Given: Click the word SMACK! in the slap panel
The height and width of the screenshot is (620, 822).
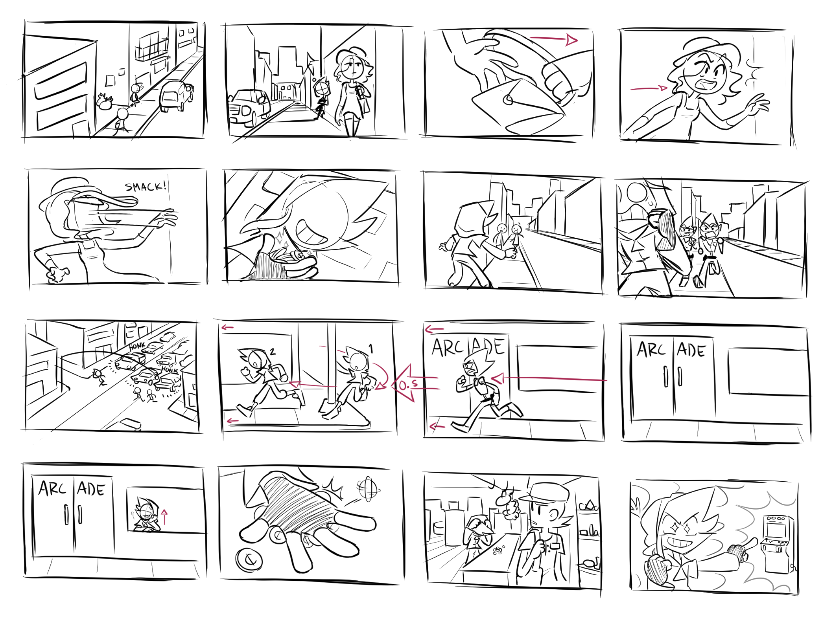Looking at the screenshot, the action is tap(146, 187).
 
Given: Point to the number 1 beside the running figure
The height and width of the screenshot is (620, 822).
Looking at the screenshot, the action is tap(370, 348).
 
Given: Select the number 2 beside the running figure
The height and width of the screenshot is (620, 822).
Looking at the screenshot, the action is tap(273, 351).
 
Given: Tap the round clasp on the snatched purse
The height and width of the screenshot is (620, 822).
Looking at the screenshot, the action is tap(508, 99).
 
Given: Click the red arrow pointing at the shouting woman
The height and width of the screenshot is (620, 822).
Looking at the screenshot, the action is tap(649, 89).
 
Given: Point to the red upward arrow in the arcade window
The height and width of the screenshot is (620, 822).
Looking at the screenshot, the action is tap(164, 516).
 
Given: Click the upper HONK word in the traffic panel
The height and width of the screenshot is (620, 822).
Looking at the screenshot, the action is tap(137, 346).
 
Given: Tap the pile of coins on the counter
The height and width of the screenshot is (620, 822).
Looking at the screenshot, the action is tap(498, 549).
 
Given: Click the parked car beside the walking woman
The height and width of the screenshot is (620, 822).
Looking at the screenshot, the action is tap(249, 108).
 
